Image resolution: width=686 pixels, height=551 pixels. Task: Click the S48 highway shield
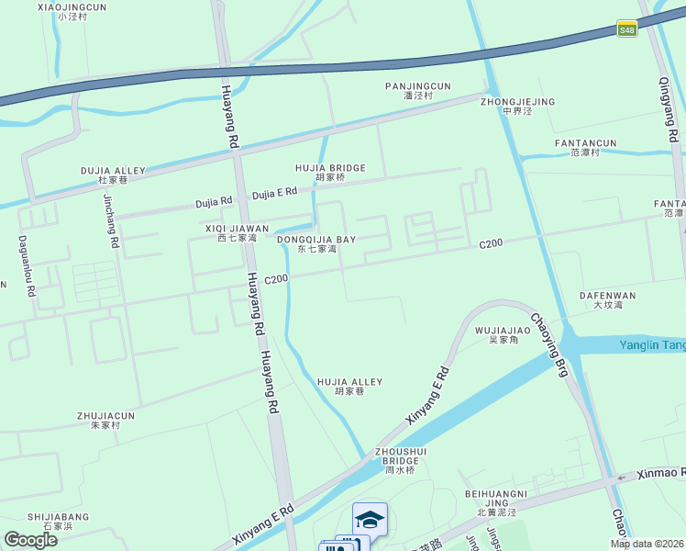tap(627, 29)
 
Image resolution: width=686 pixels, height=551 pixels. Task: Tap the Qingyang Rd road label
tap(667, 108)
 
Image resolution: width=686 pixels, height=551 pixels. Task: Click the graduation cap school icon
tap(370, 520)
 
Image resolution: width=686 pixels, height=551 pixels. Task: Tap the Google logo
tap(30, 540)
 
